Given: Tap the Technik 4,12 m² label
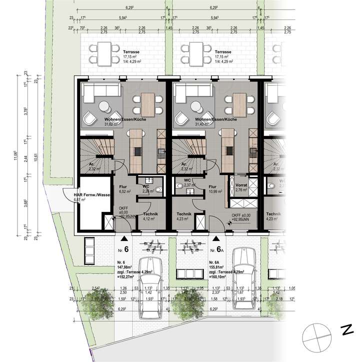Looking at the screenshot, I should coord(150,216).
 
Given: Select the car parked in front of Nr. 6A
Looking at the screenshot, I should coord(243,280).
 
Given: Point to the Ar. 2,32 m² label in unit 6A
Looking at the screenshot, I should coord(185,166).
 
